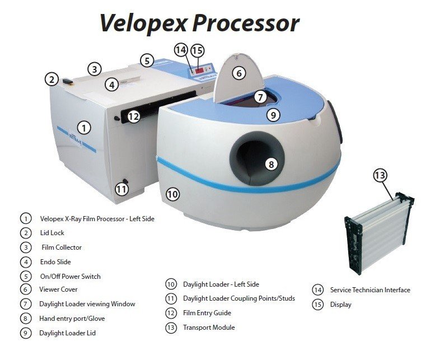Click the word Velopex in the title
click(x=143, y=24)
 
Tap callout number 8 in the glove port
click(x=271, y=165)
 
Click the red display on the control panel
click(x=199, y=71)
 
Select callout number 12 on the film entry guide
click(x=133, y=116)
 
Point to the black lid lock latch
click(x=68, y=82)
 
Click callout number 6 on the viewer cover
click(x=239, y=73)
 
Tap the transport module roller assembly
click(x=379, y=232)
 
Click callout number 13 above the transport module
click(x=380, y=175)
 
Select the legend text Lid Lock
click(x=52, y=233)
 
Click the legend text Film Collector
click(x=62, y=247)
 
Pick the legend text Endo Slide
click(x=55, y=262)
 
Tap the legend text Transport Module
click(x=209, y=328)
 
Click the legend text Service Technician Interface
click(x=370, y=290)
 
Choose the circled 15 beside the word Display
click(x=317, y=305)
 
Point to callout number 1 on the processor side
click(x=84, y=128)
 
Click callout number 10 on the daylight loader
click(x=172, y=194)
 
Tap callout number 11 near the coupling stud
click(x=121, y=190)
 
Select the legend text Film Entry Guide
click(x=207, y=313)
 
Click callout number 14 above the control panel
click(x=181, y=50)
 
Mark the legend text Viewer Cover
click(x=58, y=289)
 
